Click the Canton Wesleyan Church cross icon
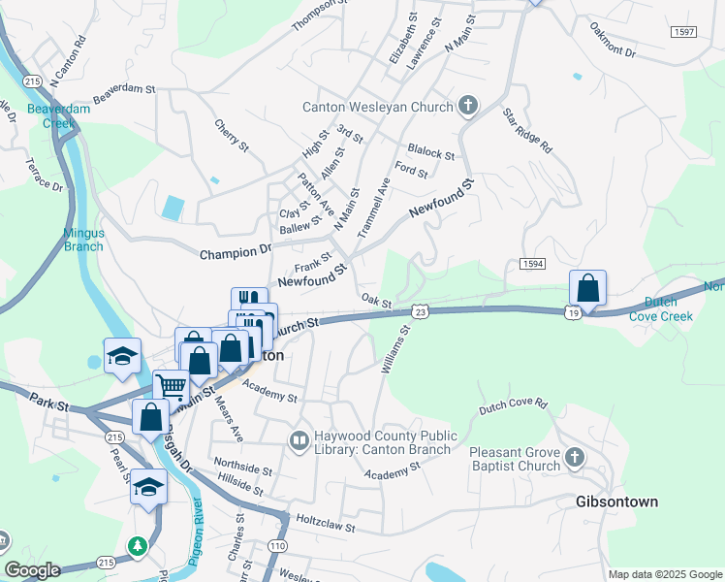tap(469, 106)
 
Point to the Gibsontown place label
tap(616, 501)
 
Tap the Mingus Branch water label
tap(83, 239)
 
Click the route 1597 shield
tap(683, 32)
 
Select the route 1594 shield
tap(531, 264)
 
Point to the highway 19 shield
tap(574, 311)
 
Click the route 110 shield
tap(278, 546)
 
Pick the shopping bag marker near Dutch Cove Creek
tap(587, 288)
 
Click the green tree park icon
tap(140, 547)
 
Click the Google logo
tap(33, 570)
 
